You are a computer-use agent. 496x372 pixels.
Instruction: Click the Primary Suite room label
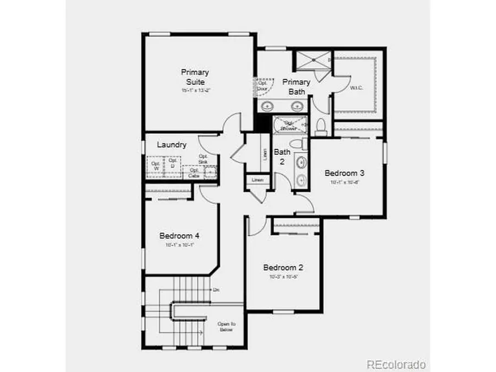[195, 77]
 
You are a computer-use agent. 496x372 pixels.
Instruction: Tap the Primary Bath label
[296, 87]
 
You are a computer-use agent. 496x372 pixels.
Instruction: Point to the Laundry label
[171, 145]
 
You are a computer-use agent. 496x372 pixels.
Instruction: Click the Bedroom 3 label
[344, 172]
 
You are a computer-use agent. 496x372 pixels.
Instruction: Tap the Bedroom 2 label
[283, 267]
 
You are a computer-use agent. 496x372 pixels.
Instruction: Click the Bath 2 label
[282, 157]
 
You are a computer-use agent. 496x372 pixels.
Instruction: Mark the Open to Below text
[226, 327]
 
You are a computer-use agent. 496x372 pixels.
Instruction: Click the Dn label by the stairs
[217, 289]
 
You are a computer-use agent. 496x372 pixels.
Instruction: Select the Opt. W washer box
[155, 166]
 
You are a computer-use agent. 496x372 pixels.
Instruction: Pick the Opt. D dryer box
[172, 164]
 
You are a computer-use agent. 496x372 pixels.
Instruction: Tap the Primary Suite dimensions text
[195, 90]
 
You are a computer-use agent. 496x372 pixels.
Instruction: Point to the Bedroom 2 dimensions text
[283, 277]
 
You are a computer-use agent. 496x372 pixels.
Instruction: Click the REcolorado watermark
[396, 364]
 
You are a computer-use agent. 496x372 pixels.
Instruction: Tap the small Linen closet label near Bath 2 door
[257, 180]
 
